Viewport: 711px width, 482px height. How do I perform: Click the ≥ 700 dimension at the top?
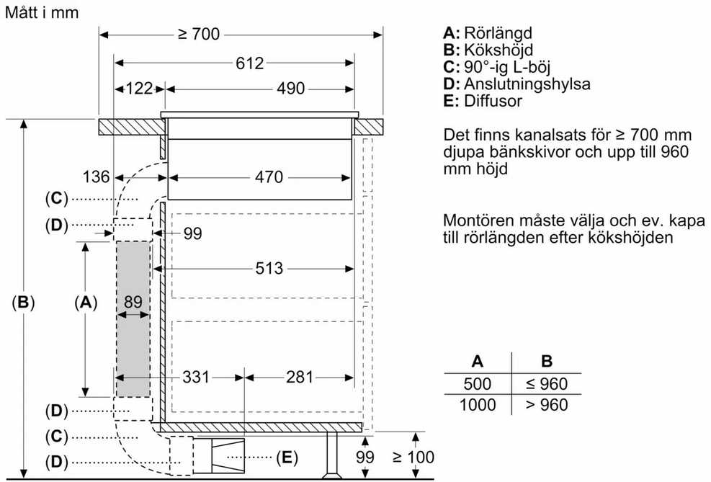pos(199,34)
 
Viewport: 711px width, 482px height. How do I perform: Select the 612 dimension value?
pos(249,63)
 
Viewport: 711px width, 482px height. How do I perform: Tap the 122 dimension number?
pos(139,89)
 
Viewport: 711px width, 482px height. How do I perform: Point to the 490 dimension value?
pos(290,89)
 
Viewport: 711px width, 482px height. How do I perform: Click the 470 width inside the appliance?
pos(269,177)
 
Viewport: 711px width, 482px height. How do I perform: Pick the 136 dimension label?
pos(96,177)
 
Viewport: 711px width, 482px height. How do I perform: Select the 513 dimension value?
pos(269,269)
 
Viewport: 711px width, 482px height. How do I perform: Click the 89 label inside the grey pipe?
pos(133,302)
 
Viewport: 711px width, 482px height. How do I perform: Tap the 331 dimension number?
pos(196,377)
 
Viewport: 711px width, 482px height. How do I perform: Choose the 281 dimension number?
pos(299,377)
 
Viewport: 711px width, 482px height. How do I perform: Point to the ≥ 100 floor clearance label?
pos(413,457)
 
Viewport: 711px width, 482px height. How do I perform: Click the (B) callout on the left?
pos(23,302)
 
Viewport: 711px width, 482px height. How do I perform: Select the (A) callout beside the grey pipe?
pos(86,302)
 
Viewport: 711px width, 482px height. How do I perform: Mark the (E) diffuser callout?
pos(287,457)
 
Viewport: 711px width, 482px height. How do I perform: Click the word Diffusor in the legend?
pos(493,101)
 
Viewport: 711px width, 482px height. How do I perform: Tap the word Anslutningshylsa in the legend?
pos(527,84)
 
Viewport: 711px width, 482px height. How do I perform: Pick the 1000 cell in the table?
pos(478,404)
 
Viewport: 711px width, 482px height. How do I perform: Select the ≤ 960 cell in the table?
pos(547,384)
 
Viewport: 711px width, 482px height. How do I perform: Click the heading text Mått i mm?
pos(42,12)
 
